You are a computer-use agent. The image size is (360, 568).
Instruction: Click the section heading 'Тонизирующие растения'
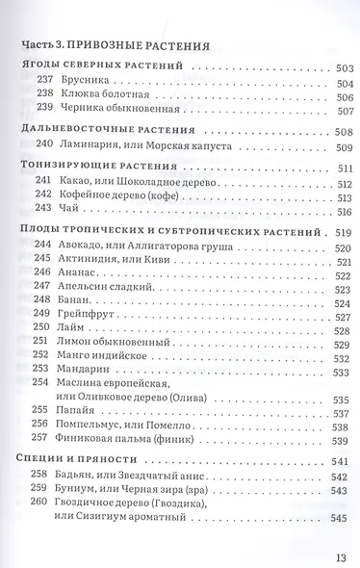(94, 168)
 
